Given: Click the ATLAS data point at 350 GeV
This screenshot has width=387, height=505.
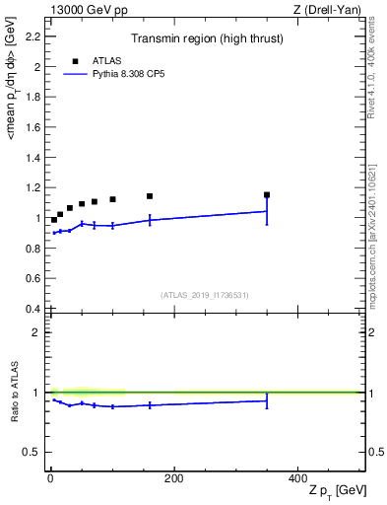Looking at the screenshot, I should (x=267, y=195).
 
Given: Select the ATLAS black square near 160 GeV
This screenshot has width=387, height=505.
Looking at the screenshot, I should (x=150, y=196).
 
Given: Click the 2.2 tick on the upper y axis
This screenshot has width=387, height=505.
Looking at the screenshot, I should (x=33, y=37).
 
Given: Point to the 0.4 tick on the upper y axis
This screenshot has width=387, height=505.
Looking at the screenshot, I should (x=33, y=309).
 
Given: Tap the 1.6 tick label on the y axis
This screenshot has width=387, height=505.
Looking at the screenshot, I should (x=33, y=128).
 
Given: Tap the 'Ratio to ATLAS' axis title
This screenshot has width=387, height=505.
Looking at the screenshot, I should (x=15, y=393).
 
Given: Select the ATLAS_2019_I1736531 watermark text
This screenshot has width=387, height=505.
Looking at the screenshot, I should (x=205, y=295).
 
